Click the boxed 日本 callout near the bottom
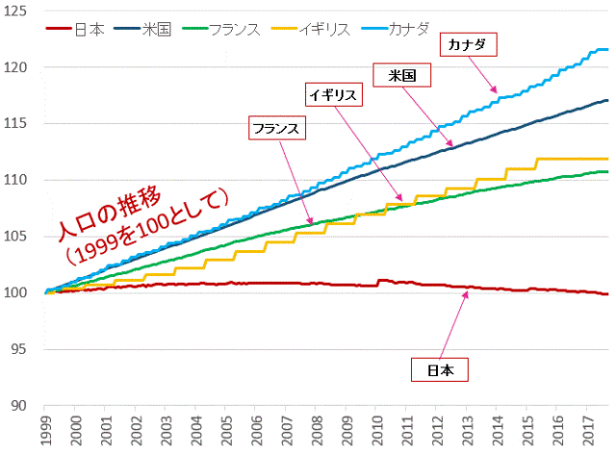tap(438, 368)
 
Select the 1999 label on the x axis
tap(46, 429)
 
